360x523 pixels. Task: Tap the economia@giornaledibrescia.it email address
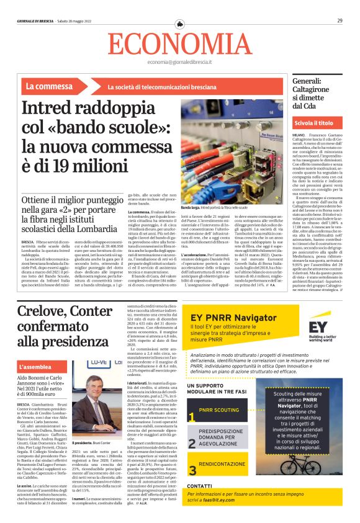click(x=180, y=63)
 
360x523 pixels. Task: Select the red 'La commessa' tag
click(x=49, y=86)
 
